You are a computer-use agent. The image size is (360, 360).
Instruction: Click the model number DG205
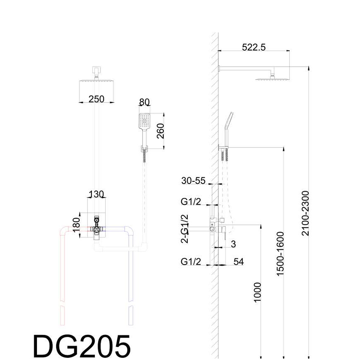(82, 346)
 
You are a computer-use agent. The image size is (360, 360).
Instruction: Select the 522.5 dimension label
(253, 47)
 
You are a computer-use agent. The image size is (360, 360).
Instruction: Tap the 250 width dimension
(96, 99)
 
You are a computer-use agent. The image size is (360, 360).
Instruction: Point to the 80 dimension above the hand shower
(144, 102)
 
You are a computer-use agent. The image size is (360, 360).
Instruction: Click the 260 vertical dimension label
(161, 131)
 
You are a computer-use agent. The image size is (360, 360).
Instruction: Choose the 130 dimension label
(96, 194)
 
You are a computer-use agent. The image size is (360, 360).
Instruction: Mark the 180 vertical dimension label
(76, 225)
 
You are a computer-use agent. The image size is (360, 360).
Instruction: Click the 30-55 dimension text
(193, 181)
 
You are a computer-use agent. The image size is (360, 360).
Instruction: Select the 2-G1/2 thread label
(184, 229)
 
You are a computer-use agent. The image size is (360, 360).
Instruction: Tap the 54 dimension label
(238, 261)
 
